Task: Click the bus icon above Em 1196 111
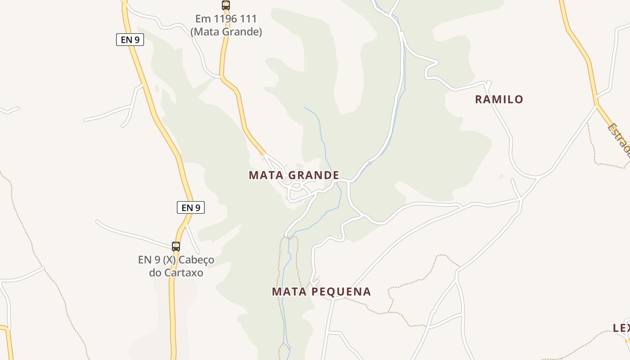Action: coord(226,5)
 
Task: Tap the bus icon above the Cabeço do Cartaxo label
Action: coord(176,246)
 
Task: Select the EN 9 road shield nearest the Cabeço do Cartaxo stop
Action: coord(191,207)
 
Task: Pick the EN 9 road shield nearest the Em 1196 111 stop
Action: coord(130,40)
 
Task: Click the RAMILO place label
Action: coord(499,99)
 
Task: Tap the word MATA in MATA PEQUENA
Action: coord(288,292)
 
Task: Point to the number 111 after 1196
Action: coord(248,19)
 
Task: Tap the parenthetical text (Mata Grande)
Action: coord(226,32)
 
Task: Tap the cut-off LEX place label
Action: coord(621,328)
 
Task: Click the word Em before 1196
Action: coord(202,19)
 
